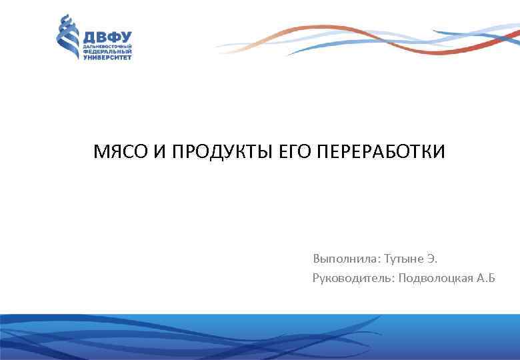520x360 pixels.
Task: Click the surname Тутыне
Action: pos(404,258)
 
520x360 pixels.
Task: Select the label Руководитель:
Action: pos(353,277)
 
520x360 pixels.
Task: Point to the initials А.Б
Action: pos(487,277)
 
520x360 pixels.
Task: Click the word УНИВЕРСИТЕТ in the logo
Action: pos(107,57)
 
